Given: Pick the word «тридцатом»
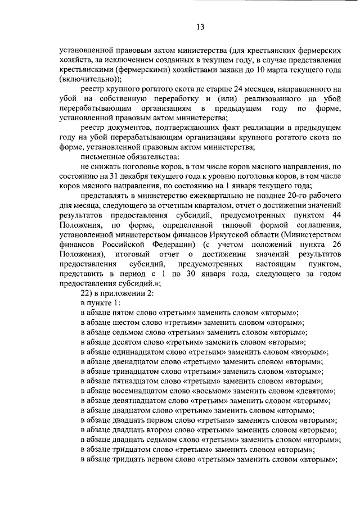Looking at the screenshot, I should (x=133, y=450).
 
